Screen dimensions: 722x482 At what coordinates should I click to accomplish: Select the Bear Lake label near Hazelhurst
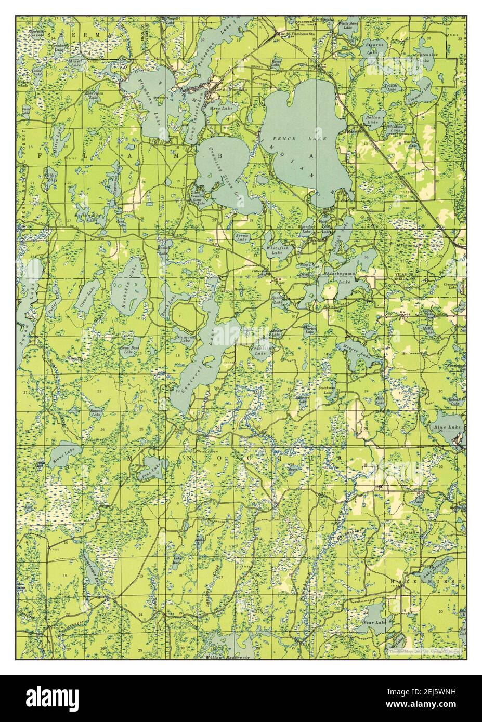tap(374, 622)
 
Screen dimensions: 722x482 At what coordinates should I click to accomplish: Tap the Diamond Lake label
tap(185, 339)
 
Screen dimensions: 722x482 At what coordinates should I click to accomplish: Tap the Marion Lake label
tap(310, 330)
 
